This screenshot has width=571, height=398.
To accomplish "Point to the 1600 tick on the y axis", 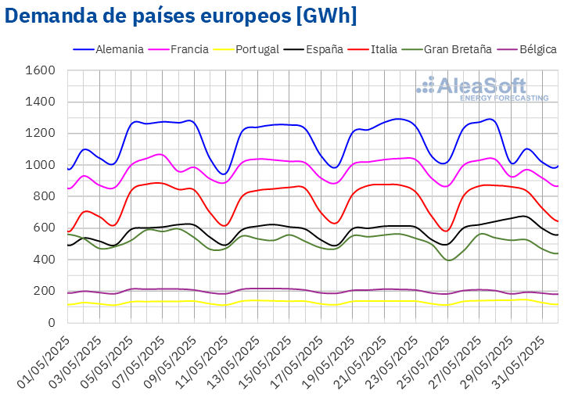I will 41,70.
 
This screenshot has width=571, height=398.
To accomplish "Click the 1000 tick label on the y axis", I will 41,165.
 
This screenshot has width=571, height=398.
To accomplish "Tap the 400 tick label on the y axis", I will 45,260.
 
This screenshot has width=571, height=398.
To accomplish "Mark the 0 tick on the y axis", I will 51,322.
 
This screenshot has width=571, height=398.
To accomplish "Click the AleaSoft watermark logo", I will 482,88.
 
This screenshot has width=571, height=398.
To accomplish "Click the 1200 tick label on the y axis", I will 41,134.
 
